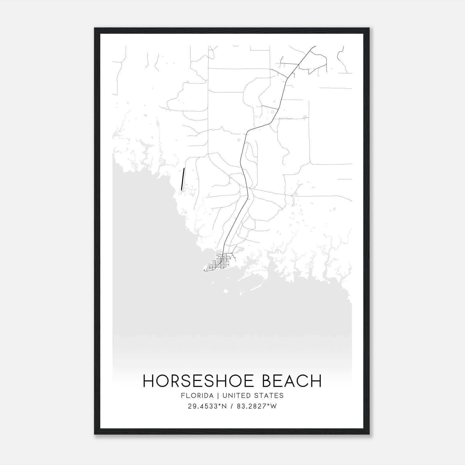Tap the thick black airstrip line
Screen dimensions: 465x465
(x=183, y=179)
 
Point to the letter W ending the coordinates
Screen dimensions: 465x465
(x=273, y=406)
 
